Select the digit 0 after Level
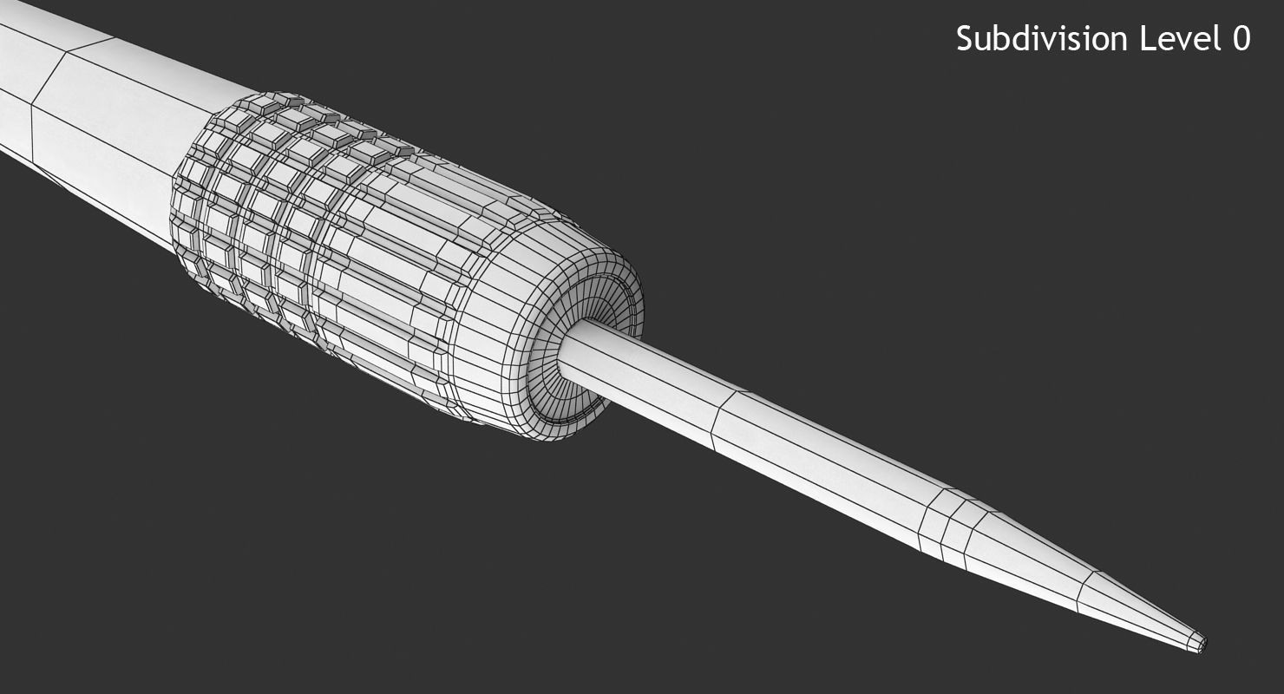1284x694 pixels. (1241, 39)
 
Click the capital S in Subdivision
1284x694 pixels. (965, 39)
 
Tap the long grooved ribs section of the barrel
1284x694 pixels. (382, 286)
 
